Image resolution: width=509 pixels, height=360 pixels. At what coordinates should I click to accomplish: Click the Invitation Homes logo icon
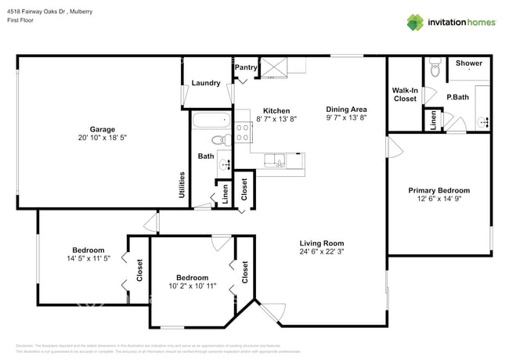coord(414,22)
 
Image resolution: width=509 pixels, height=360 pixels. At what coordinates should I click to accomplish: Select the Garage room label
coord(102,129)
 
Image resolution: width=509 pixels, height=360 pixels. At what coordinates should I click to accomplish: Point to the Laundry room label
coord(205,82)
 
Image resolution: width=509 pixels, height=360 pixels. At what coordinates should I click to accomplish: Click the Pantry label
coord(246,68)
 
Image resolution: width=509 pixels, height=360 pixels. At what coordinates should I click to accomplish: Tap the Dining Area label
coord(346,109)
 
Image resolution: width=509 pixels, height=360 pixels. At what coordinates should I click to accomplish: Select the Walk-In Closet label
coord(405,95)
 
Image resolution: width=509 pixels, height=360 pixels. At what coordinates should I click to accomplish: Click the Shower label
coord(468,63)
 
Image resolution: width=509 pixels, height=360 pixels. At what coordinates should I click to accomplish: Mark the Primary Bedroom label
coord(439,190)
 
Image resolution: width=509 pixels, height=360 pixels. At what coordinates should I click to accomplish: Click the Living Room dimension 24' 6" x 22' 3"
coord(321,252)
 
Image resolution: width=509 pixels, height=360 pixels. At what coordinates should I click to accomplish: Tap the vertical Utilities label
coord(182,187)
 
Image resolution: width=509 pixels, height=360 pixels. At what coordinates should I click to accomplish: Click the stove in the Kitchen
coord(243,132)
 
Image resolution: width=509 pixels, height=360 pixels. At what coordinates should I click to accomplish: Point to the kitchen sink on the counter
coord(275,162)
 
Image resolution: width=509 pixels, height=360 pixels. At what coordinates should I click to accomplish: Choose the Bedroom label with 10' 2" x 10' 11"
coord(192,278)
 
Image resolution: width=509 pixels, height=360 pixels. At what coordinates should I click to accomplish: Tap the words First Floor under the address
coord(23,21)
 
